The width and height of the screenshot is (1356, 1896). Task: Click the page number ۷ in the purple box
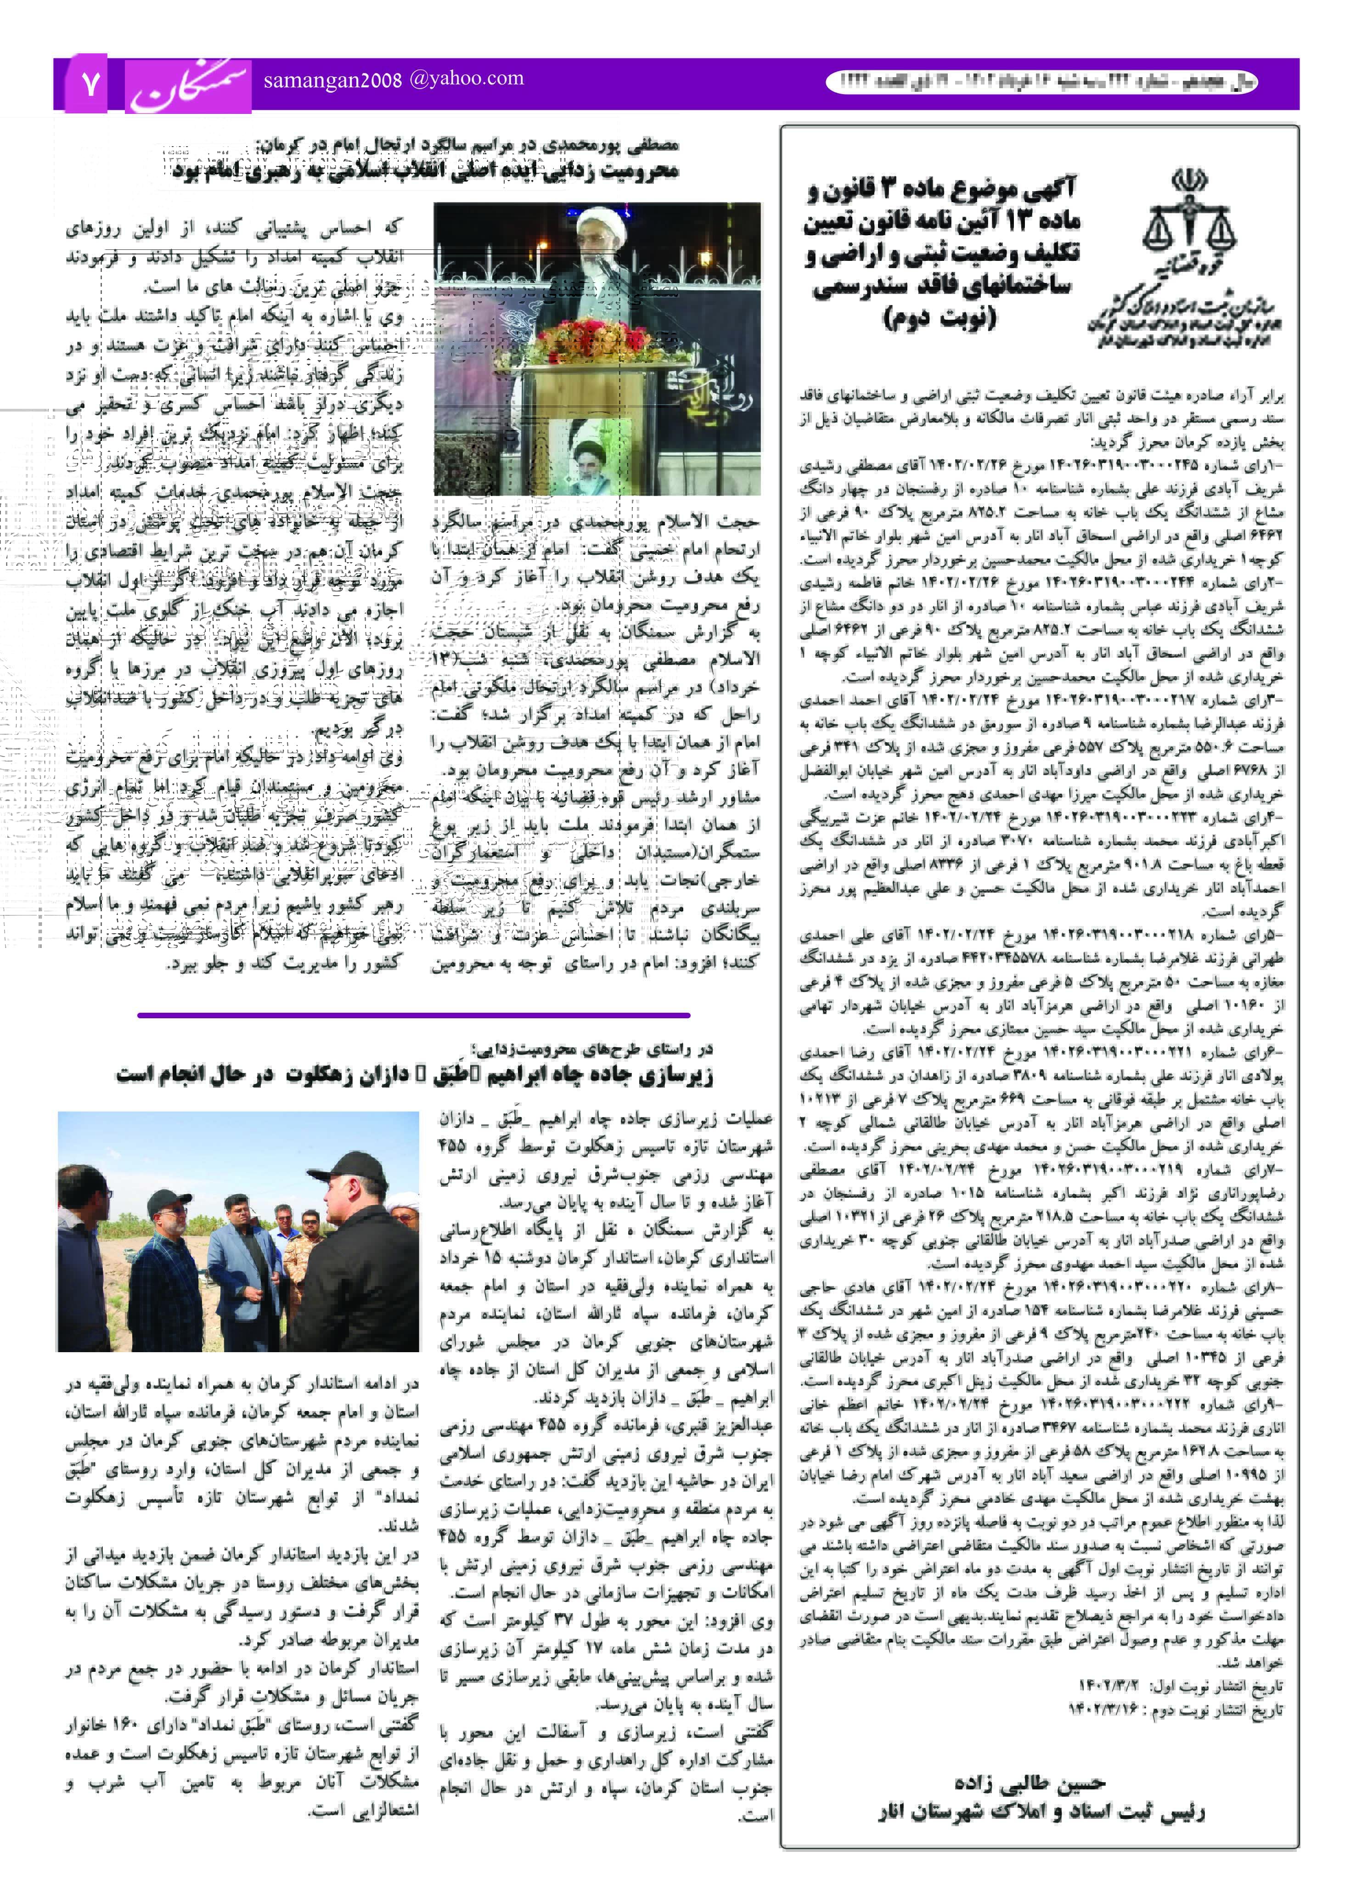click(90, 84)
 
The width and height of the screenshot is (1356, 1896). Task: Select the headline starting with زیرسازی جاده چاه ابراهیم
click(415, 1075)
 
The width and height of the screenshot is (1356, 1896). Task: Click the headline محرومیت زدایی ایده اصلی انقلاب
click(426, 171)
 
